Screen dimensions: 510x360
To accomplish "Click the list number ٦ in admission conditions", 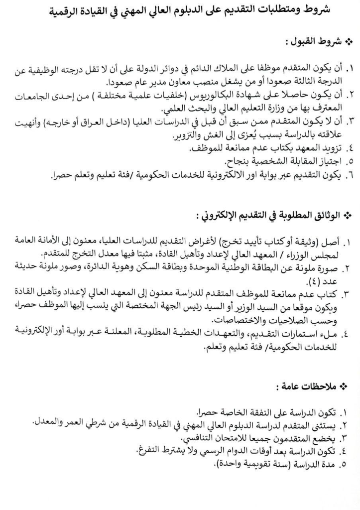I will click(347, 175).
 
